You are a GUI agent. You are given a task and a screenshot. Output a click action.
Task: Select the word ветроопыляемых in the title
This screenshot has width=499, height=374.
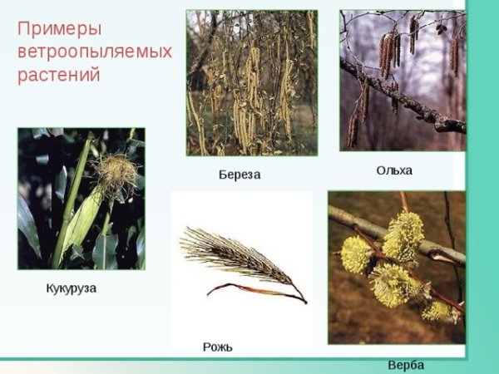94,52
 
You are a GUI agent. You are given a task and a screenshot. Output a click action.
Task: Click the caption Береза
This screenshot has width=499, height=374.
239,175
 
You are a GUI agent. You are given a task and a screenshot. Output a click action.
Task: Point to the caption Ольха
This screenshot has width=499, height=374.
394,170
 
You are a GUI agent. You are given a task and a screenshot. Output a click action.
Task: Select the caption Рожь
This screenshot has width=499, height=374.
217,346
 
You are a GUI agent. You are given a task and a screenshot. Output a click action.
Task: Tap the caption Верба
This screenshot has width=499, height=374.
406,365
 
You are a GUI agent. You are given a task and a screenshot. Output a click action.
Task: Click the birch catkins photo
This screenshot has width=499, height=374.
251,82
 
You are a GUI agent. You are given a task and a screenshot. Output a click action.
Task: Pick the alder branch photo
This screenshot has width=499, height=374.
403,81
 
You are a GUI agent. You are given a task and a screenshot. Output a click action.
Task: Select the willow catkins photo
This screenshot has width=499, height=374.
396,267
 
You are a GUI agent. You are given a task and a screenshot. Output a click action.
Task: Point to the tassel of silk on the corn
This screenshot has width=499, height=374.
116,173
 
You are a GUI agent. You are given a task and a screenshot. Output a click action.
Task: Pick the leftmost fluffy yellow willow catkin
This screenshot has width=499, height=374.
357,254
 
